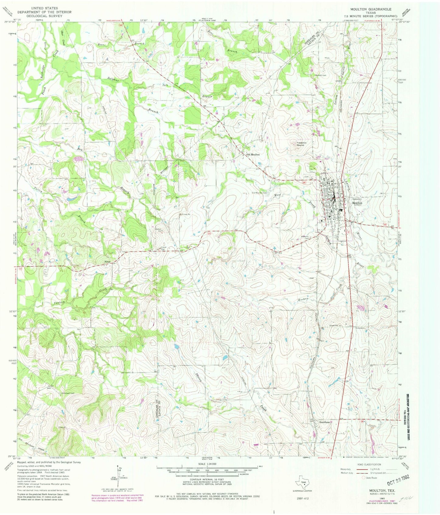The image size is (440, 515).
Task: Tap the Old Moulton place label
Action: [x=253, y=155]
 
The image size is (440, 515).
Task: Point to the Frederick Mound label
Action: [x=298, y=144]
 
